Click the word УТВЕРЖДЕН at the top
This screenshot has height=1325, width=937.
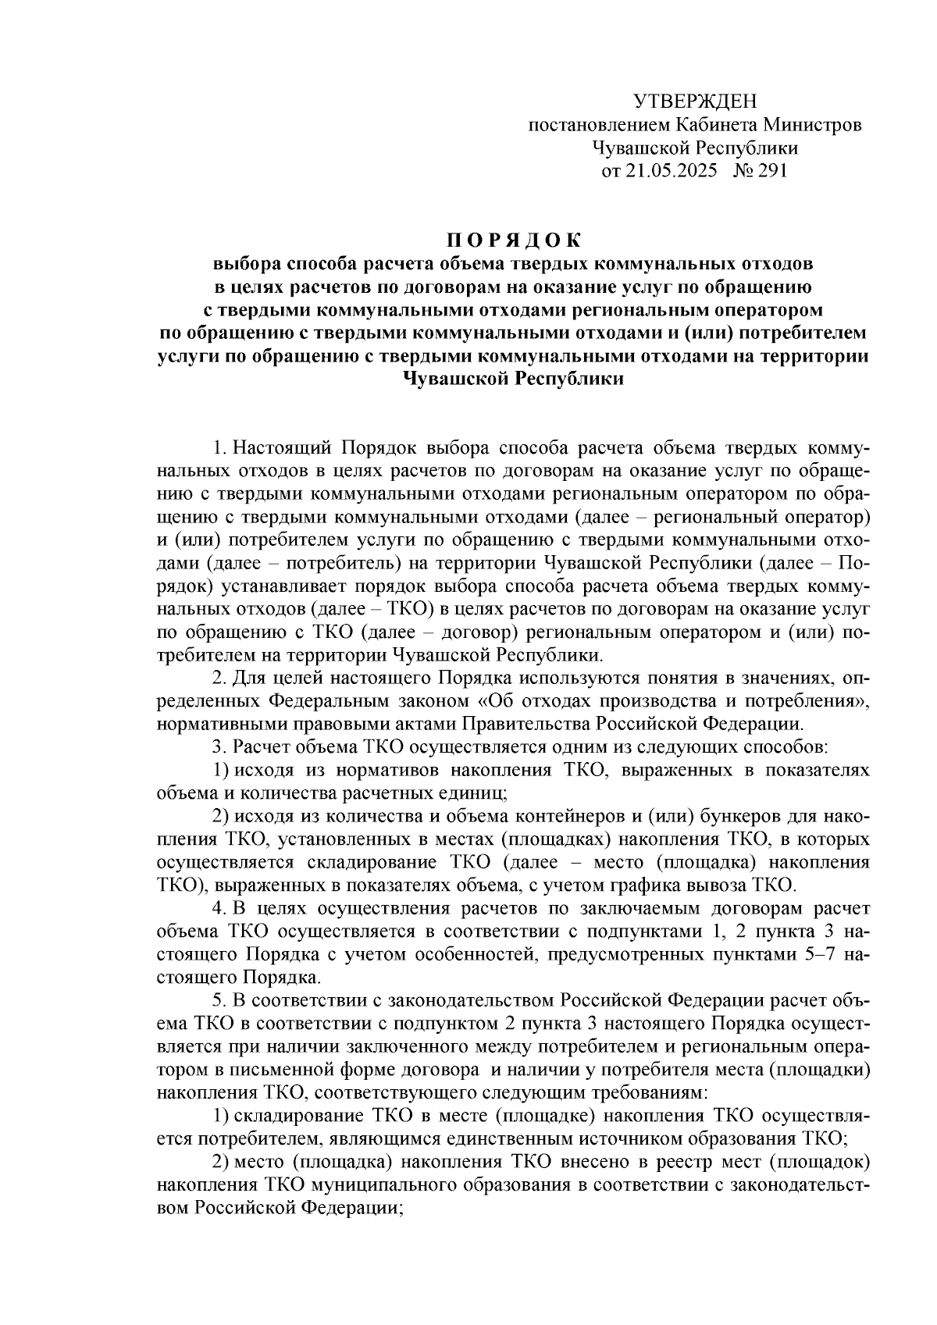pyautogui.click(x=694, y=102)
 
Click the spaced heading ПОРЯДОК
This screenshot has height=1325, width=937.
pyautogui.click(x=514, y=237)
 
